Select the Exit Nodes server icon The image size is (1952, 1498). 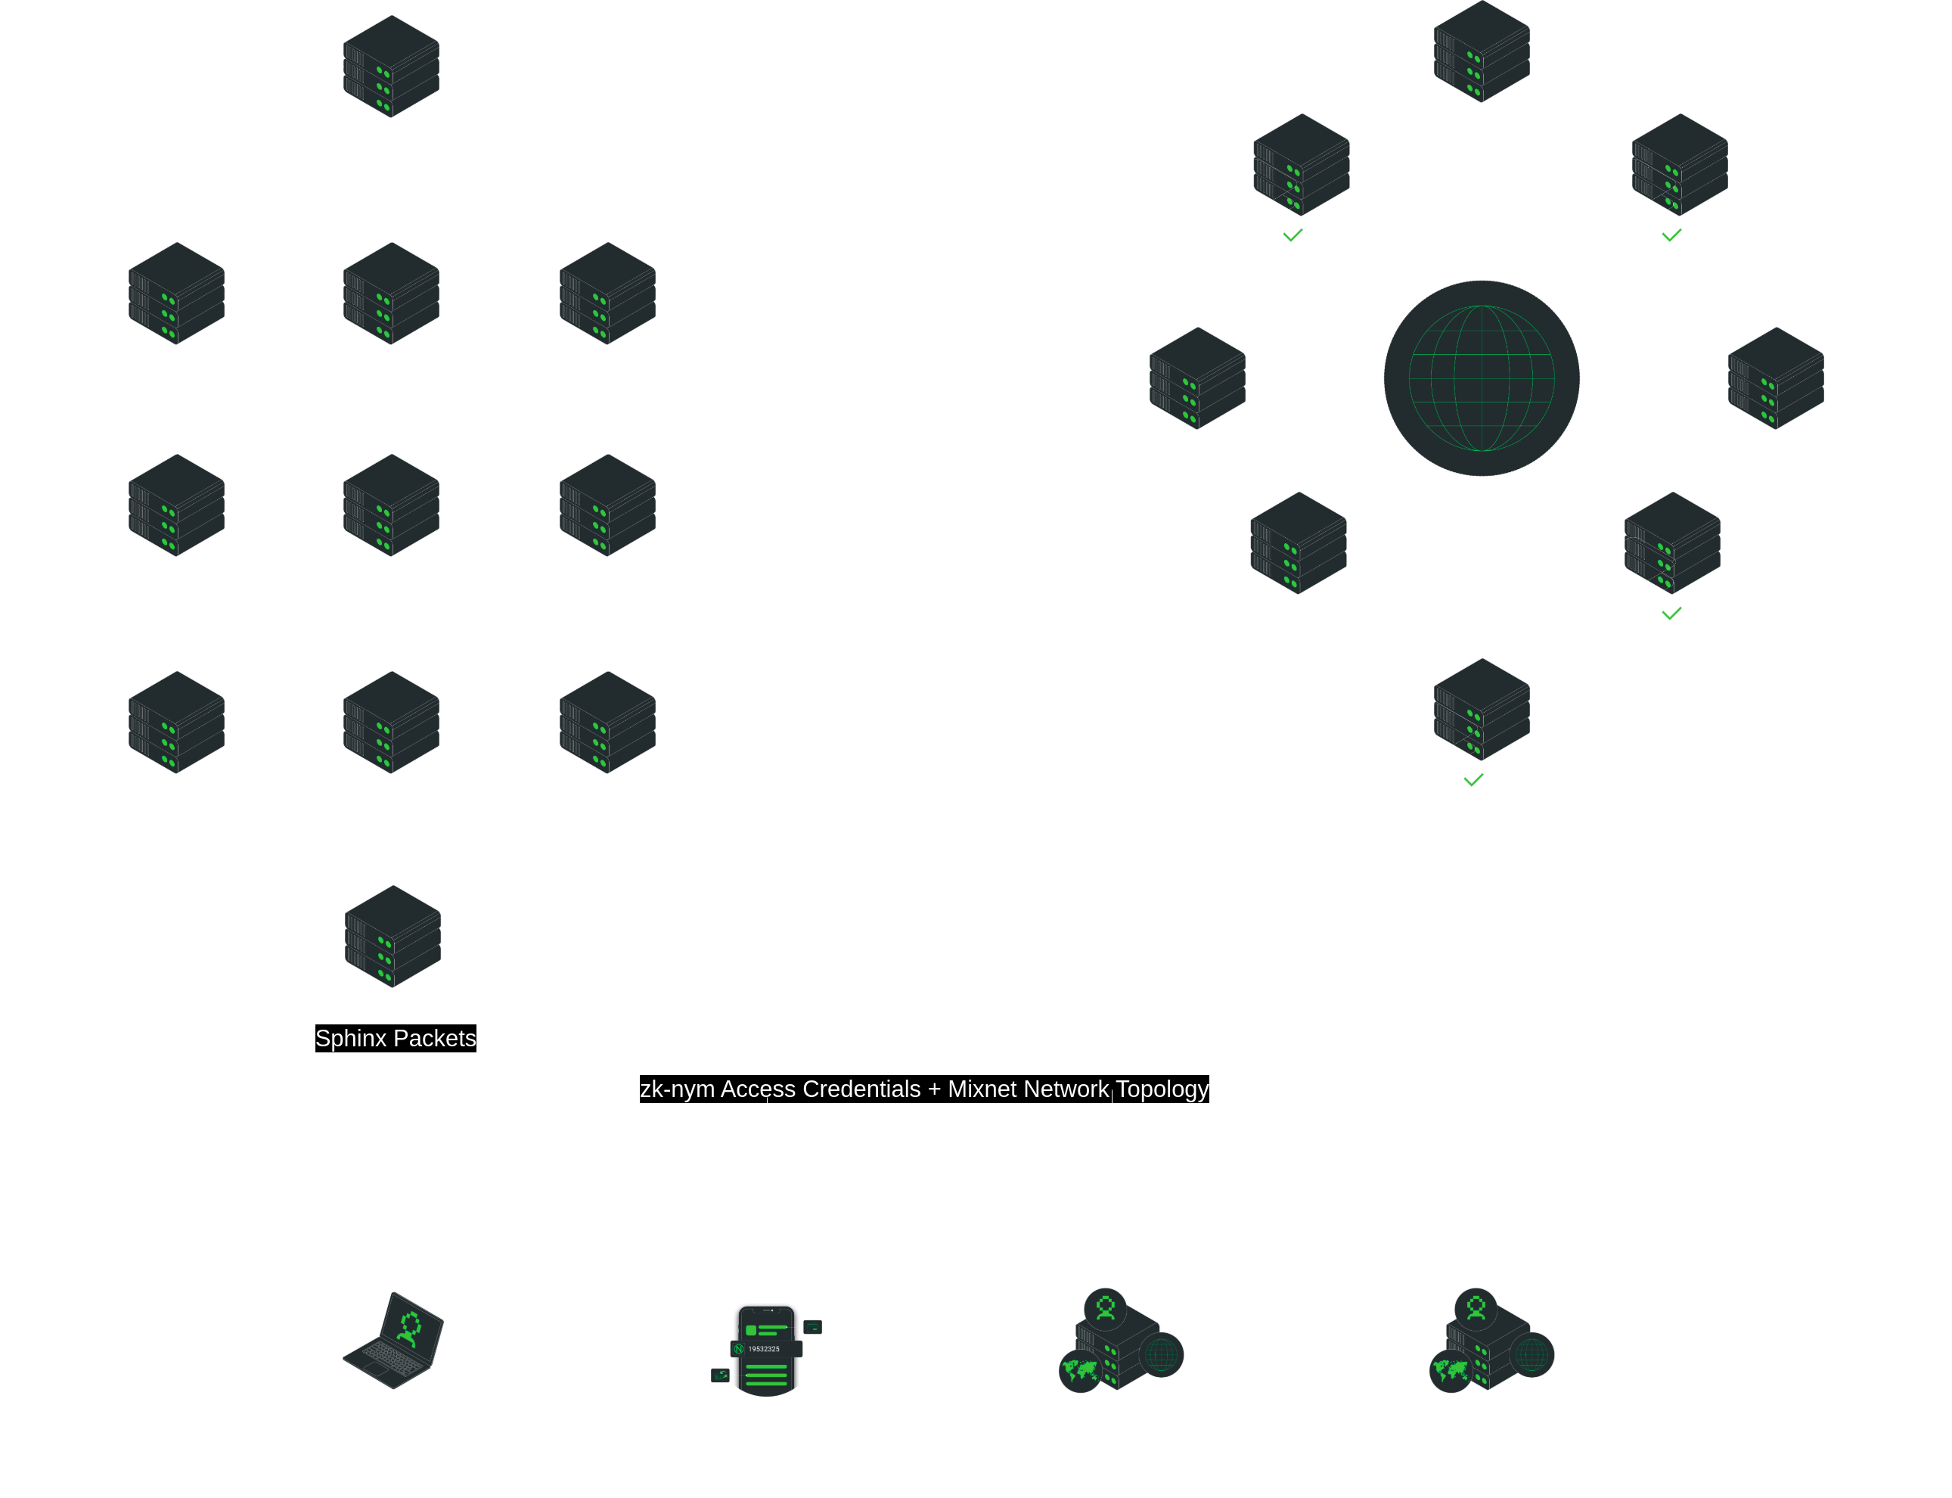point(391,67)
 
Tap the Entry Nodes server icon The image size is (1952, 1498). point(393,937)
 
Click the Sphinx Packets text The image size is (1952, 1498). point(395,1038)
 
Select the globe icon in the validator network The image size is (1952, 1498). point(1482,378)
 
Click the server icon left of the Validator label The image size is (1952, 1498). point(1776,378)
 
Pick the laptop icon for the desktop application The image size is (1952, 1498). point(393,1339)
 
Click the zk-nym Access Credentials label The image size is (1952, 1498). point(780,1089)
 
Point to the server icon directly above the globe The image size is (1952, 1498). point(1482,51)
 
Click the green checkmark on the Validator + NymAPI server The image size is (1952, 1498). point(1671,235)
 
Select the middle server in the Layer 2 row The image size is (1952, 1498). point(391,505)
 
